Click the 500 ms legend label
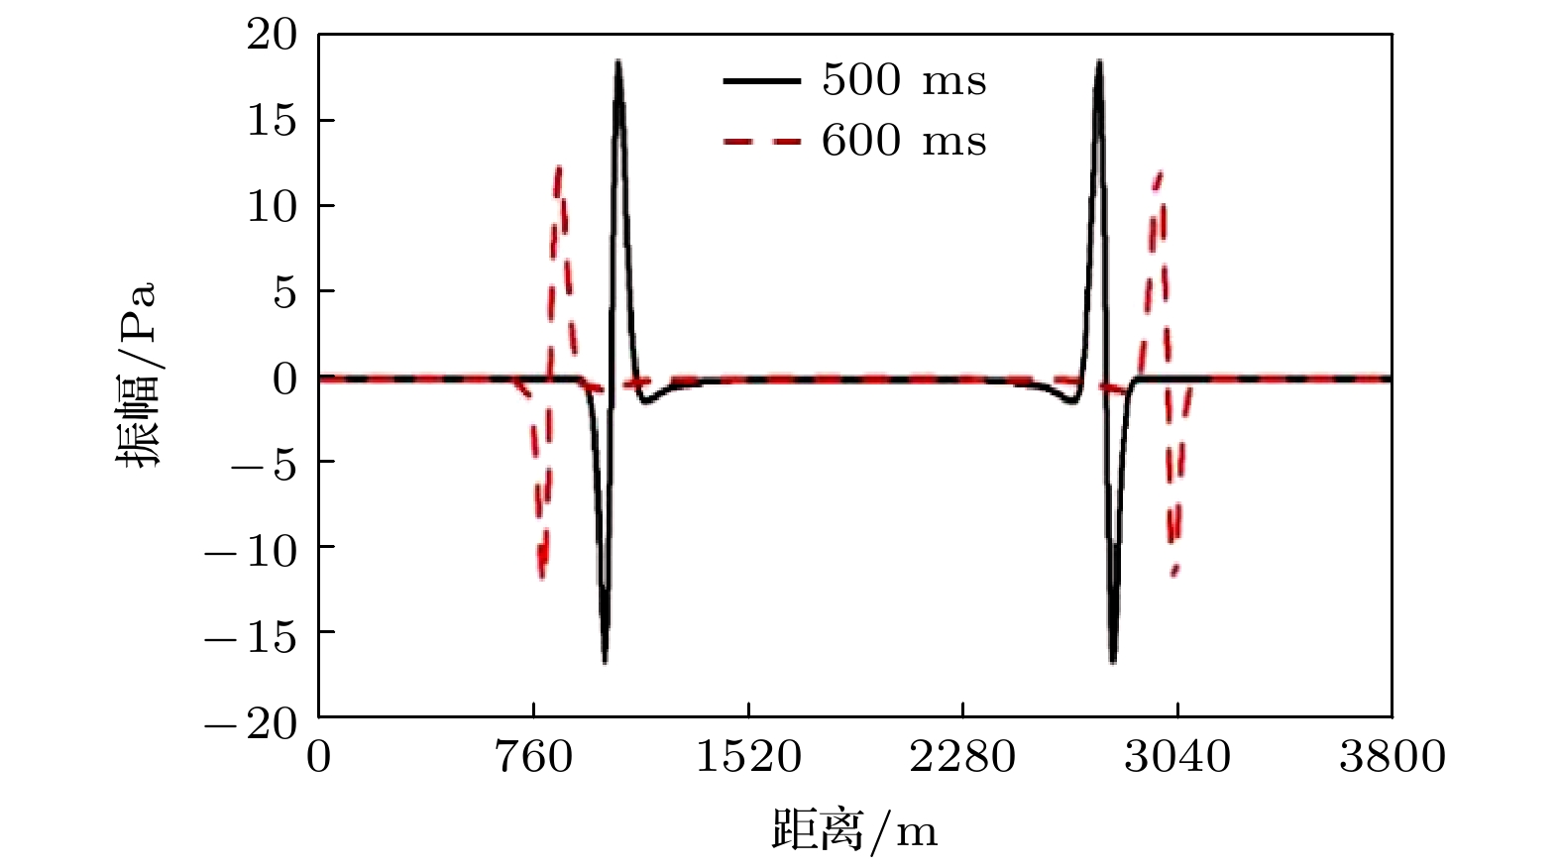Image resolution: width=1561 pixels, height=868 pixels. point(904,80)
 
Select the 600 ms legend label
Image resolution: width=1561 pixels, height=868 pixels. point(904,142)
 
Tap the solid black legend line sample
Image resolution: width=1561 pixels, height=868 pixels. point(761,80)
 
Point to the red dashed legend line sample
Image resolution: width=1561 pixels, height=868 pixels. point(761,142)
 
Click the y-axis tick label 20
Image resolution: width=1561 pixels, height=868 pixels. point(271,36)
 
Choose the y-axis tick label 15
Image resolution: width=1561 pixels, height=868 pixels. point(271,121)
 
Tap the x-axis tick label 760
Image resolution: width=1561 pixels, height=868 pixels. point(533,758)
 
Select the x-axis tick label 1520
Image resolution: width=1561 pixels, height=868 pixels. point(748,758)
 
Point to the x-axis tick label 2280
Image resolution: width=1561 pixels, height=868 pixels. point(962,758)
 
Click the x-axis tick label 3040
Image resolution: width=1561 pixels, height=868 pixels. point(1177,758)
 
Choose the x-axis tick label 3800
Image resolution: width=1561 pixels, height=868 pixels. point(1392,758)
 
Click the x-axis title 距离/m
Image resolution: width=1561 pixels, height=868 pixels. point(854,830)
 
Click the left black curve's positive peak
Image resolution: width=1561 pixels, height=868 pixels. point(617,62)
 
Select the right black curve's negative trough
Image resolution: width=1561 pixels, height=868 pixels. point(1113,660)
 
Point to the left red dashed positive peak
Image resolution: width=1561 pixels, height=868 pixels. point(559,168)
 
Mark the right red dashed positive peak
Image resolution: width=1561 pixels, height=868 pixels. point(1159,174)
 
